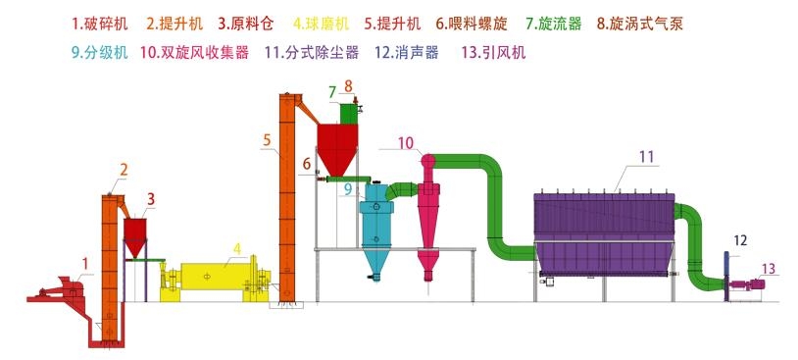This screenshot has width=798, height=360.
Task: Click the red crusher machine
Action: click(x=64, y=288)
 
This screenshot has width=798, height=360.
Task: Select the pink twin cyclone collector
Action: click(x=428, y=211)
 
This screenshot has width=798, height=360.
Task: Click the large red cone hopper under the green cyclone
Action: click(x=340, y=149)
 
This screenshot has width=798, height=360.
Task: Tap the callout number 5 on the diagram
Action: click(x=267, y=140)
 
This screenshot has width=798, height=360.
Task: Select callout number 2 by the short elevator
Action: click(x=124, y=170)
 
